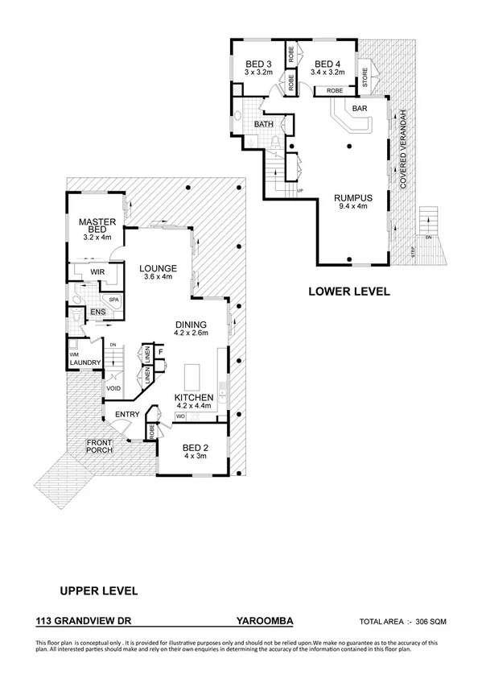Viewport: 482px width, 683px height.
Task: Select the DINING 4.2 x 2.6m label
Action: (192, 329)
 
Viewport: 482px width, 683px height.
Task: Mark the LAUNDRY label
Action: (85, 362)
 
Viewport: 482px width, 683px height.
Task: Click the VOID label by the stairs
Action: (114, 389)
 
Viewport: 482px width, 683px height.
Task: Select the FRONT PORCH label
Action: (100, 445)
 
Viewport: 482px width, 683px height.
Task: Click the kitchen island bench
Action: (193, 377)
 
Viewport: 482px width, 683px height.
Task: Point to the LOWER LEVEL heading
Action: (349, 292)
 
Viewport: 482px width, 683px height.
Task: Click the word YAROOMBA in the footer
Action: (265, 622)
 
